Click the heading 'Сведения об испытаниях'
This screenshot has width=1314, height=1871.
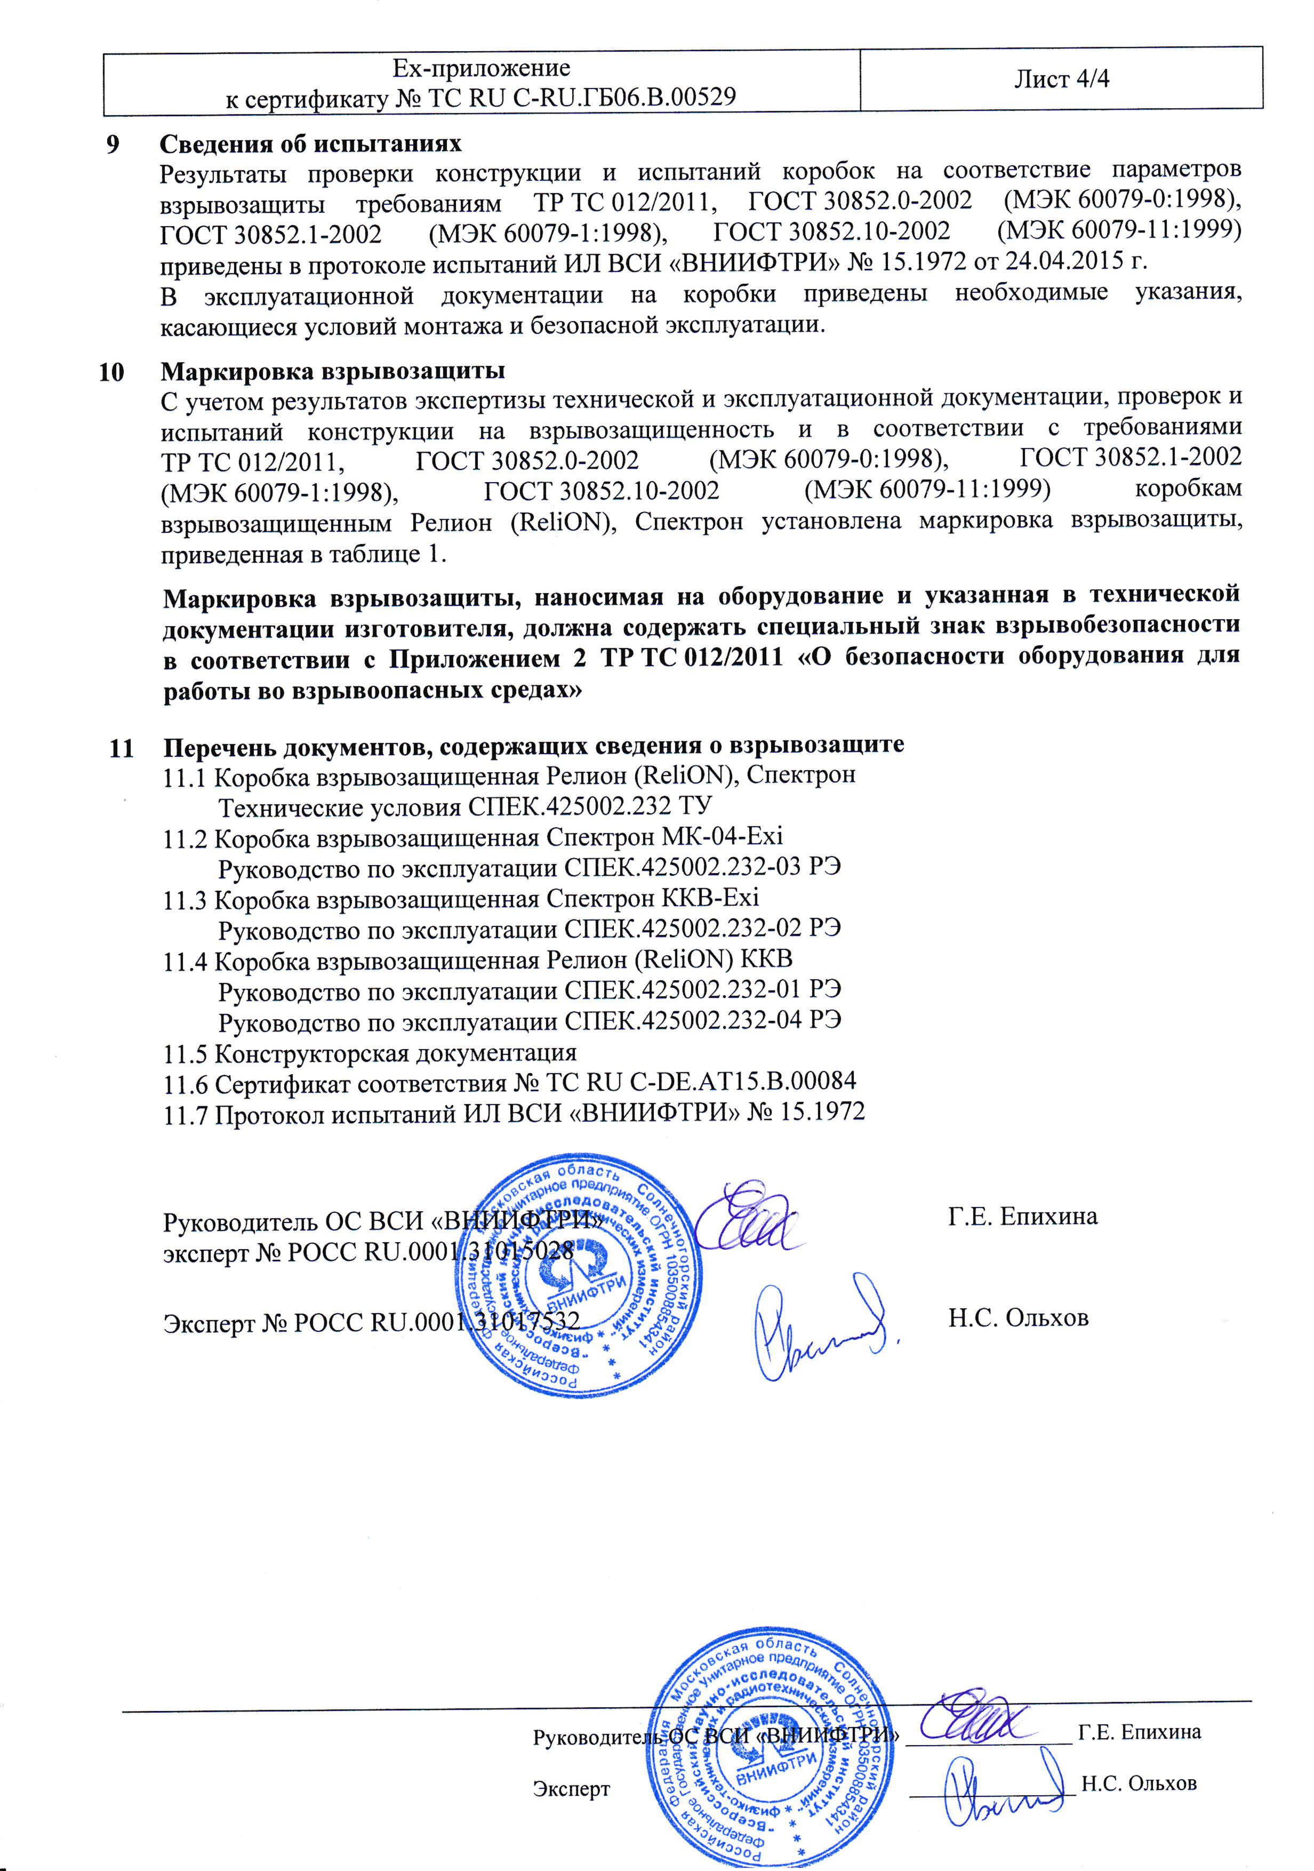pyautogui.click(x=310, y=144)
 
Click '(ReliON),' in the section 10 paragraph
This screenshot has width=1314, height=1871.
pyautogui.click(x=562, y=522)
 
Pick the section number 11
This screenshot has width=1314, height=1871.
pyautogui.click(x=121, y=747)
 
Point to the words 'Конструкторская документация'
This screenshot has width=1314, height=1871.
pyautogui.click(x=395, y=1053)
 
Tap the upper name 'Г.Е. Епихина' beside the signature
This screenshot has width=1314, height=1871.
pyautogui.click(x=1022, y=1217)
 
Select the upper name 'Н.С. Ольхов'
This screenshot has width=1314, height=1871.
pyautogui.click(x=1017, y=1318)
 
